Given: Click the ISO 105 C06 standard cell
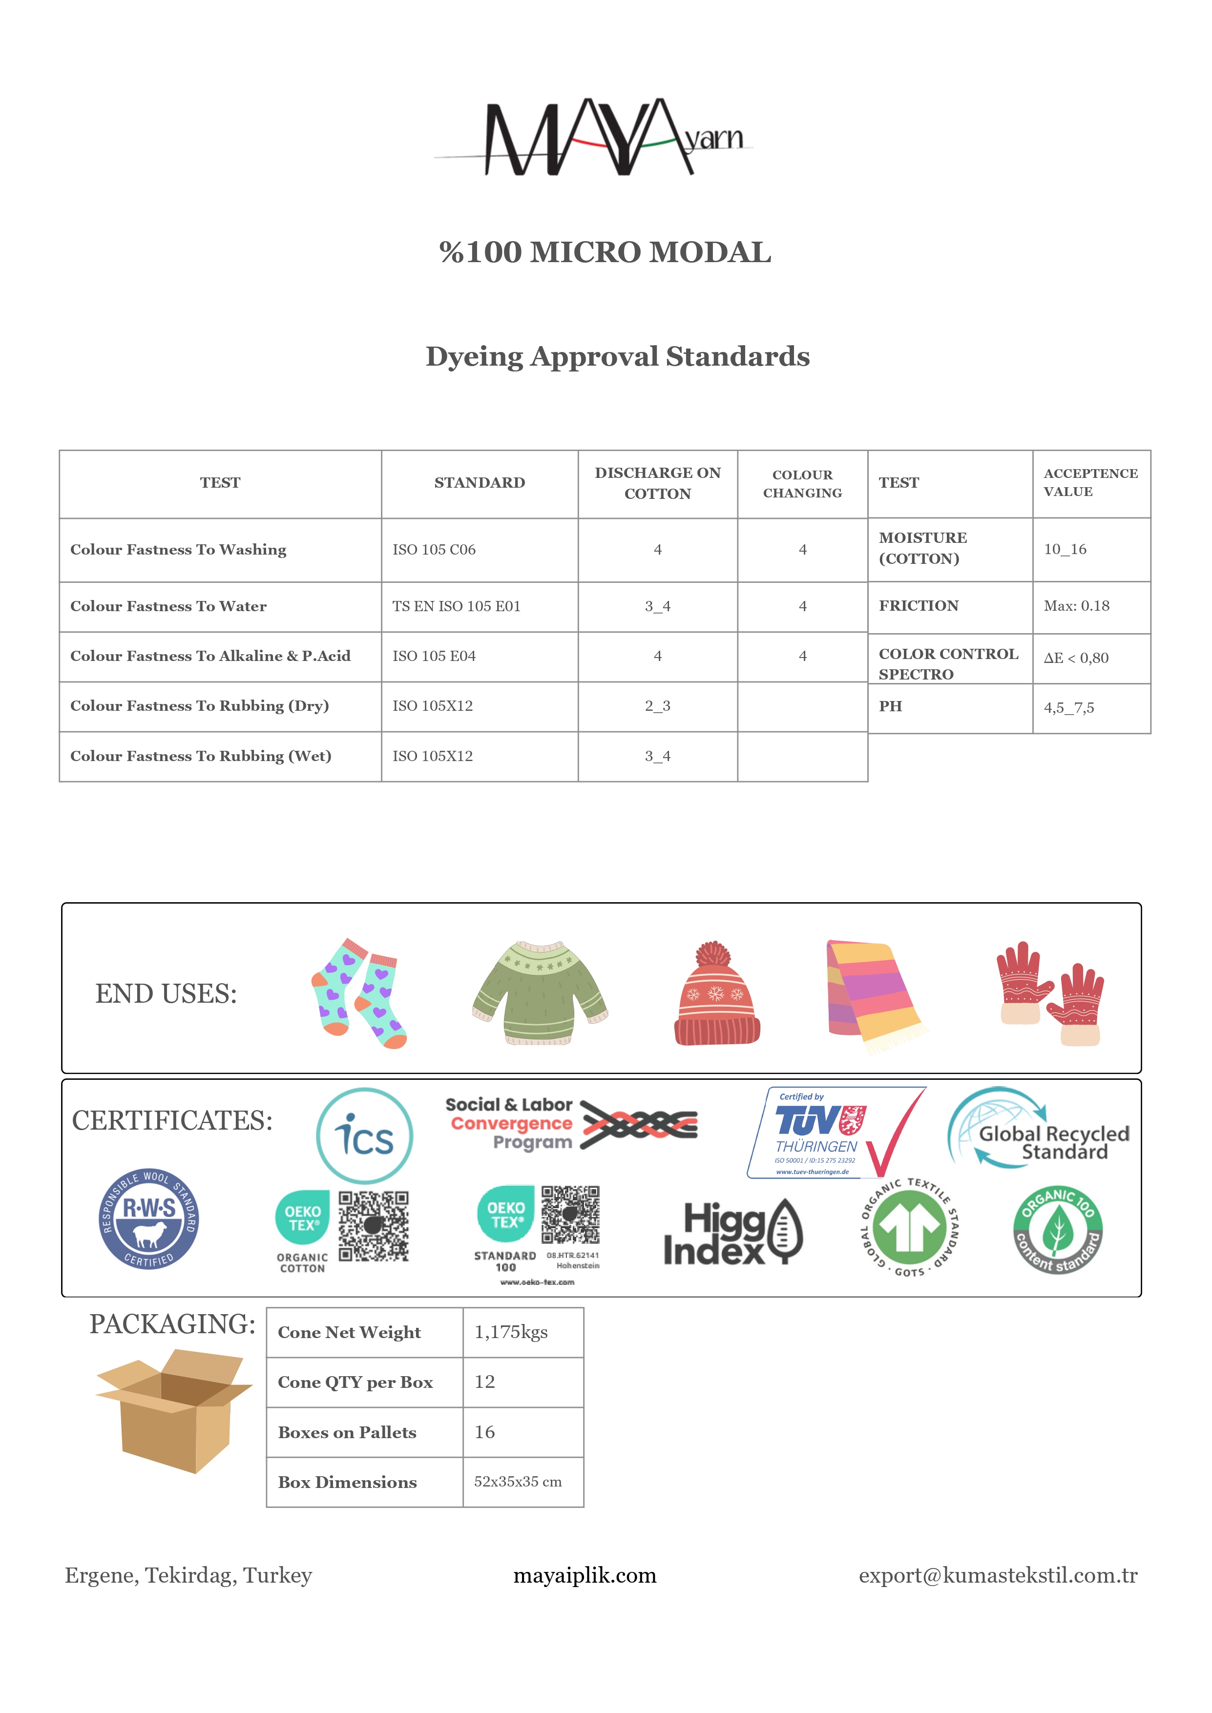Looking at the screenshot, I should (434, 550).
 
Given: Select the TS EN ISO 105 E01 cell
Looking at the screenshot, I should (456, 607).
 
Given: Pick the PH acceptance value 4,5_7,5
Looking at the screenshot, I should (1069, 708).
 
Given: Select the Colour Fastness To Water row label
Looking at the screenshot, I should (168, 607).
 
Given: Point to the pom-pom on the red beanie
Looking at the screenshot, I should (713, 954).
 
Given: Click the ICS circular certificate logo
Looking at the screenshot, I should (364, 1135).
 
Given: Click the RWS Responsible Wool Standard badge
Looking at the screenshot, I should (149, 1219).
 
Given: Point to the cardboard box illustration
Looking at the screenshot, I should (173, 1410).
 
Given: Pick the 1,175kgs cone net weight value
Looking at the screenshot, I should (511, 1333).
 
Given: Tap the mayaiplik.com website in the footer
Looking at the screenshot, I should (585, 1576).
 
